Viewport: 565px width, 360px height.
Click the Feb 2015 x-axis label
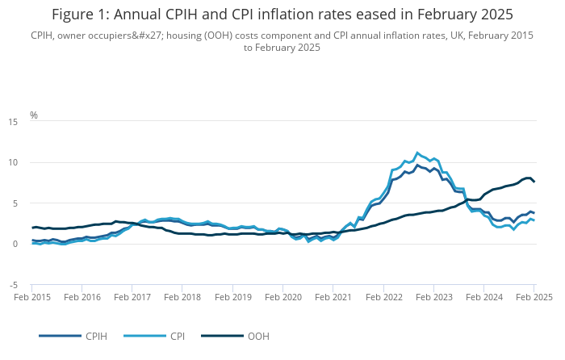32,297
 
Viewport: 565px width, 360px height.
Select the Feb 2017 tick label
132,297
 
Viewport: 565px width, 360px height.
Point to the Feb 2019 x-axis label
232,297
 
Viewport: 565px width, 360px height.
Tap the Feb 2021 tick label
333,297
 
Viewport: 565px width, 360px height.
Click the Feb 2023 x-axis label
433,297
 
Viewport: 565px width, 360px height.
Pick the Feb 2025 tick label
534,297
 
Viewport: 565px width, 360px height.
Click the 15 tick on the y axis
12,122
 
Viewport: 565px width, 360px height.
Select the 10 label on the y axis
12,162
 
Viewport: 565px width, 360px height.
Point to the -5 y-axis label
13,285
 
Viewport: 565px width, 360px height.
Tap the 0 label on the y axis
15,244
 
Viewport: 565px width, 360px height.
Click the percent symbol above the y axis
34,115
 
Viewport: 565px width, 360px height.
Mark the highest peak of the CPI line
417,153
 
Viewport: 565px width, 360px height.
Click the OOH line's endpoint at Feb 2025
534,182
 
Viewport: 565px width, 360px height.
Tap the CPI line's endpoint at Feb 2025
534,220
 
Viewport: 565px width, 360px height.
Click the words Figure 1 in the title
82,15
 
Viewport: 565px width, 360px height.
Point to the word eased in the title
357,15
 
